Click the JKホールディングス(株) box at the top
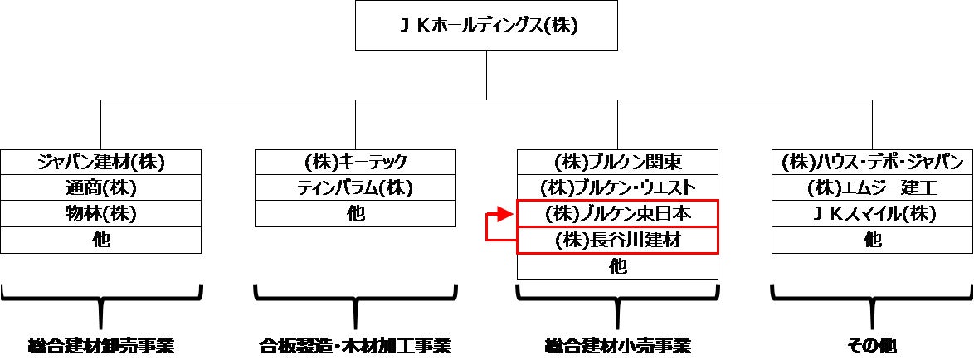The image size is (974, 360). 487,25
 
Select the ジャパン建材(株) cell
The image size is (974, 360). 101,162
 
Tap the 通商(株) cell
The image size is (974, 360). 101,187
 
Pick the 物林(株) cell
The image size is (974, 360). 101,213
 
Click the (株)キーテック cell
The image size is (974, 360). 355,162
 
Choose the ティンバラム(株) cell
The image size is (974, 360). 355,187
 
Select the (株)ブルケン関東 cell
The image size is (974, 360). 617,162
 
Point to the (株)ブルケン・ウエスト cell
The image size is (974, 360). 617,187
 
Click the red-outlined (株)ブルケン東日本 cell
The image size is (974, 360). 617,214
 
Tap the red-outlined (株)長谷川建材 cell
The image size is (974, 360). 617,241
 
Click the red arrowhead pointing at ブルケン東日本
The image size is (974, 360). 503,215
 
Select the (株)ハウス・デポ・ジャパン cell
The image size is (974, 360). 873,162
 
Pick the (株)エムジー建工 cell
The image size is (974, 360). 873,187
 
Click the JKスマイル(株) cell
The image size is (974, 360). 873,213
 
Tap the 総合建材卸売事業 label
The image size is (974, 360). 101,344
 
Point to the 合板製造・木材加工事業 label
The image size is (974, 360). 355,344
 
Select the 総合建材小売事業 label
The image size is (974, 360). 617,344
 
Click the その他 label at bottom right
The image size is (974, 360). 873,344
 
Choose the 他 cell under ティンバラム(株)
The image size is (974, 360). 355,213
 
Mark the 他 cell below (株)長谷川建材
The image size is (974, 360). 617,266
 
